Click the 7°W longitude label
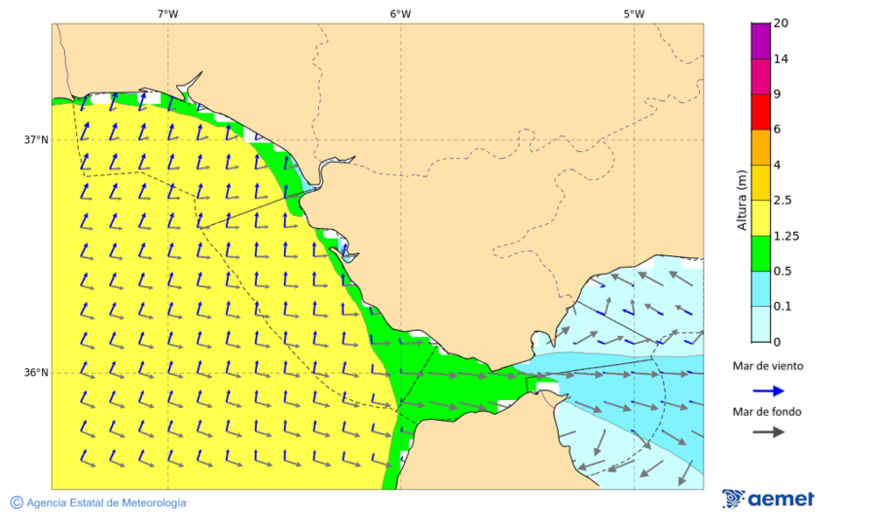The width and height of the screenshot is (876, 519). (x=167, y=14)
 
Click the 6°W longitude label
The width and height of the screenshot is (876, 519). (x=400, y=14)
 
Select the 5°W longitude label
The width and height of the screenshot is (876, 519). (x=634, y=14)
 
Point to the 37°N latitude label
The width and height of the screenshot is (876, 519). (x=36, y=140)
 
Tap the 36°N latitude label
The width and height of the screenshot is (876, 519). (x=36, y=373)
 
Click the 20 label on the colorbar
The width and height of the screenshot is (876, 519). (x=781, y=23)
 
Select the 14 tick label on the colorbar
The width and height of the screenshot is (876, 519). (x=781, y=59)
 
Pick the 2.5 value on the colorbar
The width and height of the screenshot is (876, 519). (x=783, y=201)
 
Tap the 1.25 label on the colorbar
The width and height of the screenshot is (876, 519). (x=786, y=236)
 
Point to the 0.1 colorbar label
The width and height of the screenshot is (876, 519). (x=783, y=306)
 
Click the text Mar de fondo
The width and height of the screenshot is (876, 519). (x=768, y=412)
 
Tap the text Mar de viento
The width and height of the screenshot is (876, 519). (x=768, y=366)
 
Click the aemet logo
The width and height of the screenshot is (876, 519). (x=768, y=499)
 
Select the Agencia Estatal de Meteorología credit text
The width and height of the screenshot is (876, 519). (x=98, y=502)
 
